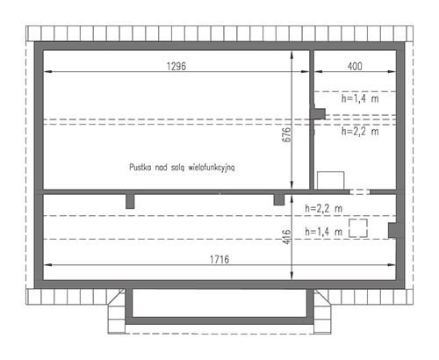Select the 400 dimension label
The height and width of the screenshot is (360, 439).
(355, 67)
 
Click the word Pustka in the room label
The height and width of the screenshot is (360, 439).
(141, 165)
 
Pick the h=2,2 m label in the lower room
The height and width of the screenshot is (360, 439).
(323, 208)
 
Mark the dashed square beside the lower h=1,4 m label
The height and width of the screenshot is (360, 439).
(357, 229)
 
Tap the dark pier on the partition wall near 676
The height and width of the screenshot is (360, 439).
(320, 113)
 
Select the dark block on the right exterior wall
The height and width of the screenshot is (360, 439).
(394, 229)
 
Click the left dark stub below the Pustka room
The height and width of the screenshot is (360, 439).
(130, 201)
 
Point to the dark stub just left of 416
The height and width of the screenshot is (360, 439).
(278, 199)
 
